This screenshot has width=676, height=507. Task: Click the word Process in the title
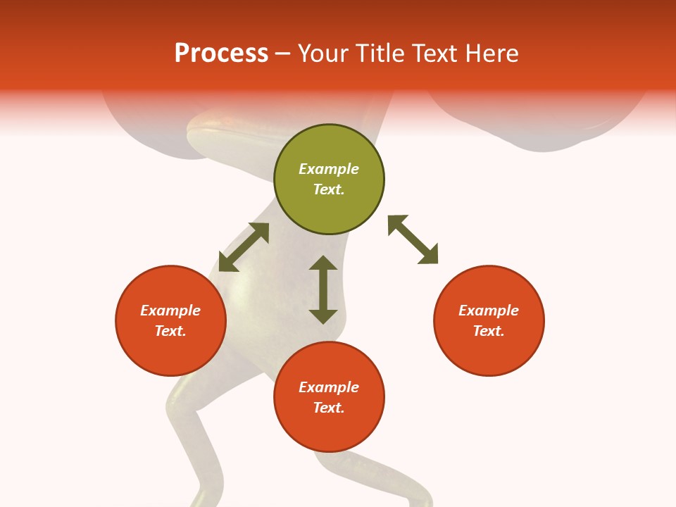[x=221, y=54]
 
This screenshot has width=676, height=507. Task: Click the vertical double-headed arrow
[x=323, y=289]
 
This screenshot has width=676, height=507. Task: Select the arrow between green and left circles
[x=244, y=247]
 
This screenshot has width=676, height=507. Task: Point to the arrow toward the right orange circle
[x=413, y=239]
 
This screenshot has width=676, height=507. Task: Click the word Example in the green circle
[x=329, y=169]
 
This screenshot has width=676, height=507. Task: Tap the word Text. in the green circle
[x=329, y=189]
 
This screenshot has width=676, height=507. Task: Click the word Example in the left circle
[x=170, y=311]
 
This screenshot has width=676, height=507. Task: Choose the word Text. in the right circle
[x=489, y=331]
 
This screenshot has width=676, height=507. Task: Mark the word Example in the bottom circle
[x=329, y=387]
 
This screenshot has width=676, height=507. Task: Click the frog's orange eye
[x=227, y=122]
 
